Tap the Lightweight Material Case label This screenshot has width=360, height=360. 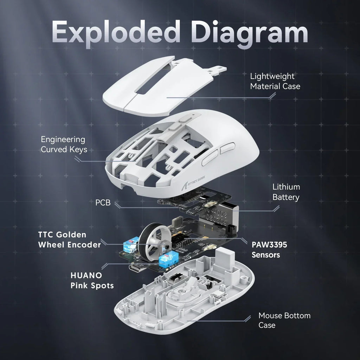[x=275, y=81]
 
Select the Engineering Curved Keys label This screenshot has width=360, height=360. [x=64, y=144]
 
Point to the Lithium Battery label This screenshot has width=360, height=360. [x=286, y=192]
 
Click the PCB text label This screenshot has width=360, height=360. [x=103, y=203]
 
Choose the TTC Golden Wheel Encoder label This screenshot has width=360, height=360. [x=69, y=239]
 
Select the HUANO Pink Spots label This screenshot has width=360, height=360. [x=92, y=280]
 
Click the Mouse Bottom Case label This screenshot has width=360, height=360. [x=284, y=320]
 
